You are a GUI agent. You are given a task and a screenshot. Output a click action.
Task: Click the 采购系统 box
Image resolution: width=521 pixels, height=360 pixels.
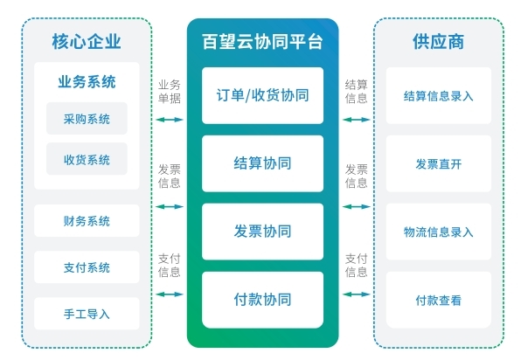pos(87,119)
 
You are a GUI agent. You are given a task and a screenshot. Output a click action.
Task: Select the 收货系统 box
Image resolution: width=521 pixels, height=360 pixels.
pos(87,159)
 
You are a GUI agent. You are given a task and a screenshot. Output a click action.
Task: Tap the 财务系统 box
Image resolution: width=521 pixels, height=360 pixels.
pos(87,221)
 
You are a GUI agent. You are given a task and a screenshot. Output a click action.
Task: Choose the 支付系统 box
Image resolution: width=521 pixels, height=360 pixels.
pos(87,267)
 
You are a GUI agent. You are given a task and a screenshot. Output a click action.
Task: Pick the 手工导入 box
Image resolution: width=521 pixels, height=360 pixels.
pos(87,314)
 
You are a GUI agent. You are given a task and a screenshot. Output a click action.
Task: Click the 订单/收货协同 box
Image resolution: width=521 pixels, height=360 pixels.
pos(263,95)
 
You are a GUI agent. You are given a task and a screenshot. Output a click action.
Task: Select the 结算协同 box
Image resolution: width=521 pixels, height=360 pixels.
pos(263,163)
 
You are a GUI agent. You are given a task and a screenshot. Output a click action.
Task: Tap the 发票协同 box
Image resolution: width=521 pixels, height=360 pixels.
pos(263,232)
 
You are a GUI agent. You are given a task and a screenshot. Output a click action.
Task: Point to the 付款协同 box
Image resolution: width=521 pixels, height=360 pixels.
pos(263,301)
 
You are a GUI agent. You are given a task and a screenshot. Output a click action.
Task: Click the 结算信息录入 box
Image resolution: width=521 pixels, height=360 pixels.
pos(439,95)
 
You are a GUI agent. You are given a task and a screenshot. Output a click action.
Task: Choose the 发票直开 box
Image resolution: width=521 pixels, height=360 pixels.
pos(439,163)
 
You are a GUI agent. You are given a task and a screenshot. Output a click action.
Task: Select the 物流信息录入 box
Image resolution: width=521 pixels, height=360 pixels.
pos(439,232)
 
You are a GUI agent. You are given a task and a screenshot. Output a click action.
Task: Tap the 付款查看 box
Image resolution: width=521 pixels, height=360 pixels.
pos(439,301)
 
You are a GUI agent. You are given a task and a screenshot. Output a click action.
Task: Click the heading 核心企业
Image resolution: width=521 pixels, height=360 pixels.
pos(87,42)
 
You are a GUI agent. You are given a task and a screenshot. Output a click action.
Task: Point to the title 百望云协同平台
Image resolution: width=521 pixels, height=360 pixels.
pos(262,42)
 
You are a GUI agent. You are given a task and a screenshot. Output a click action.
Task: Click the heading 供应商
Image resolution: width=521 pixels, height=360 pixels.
pos(439,42)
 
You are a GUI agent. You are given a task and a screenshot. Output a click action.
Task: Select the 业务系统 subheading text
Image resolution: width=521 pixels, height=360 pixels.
pos(87,82)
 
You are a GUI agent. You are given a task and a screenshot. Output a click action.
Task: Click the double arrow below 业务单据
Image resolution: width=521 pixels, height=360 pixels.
pos(170,120)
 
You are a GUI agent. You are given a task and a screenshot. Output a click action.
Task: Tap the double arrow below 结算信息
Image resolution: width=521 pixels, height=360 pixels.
pos(356,120)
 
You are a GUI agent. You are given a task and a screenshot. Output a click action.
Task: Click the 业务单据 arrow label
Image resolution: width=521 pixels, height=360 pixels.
pos(170,92)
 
